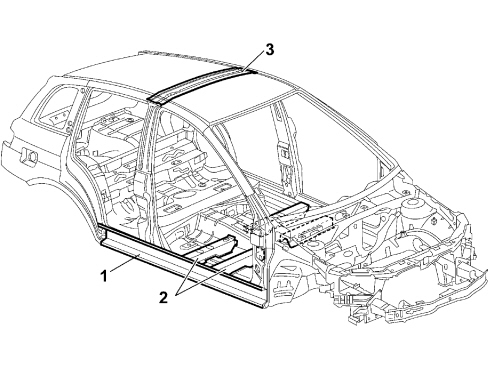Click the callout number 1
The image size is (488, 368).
point(104,276)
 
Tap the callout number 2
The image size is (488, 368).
point(163,297)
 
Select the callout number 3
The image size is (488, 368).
point(269,50)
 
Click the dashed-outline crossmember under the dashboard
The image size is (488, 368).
point(308,231)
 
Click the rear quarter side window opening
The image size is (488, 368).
point(57,106)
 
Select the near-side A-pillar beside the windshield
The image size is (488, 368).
point(233,167)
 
